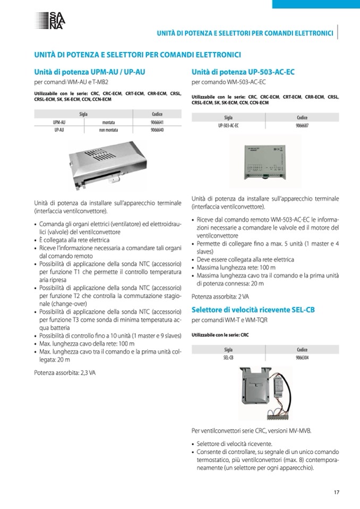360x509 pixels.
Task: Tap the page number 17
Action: point(337,491)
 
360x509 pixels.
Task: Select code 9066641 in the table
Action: point(157,122)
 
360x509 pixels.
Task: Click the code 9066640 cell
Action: point(157,130)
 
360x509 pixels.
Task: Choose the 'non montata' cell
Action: point(107,130)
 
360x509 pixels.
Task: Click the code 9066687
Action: point(302,126)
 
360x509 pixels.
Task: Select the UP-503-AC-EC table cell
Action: point(228,126)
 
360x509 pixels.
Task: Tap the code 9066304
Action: point(302,358)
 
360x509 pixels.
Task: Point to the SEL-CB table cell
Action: point(228,358)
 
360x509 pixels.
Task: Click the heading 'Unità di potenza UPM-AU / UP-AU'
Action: point(90,71)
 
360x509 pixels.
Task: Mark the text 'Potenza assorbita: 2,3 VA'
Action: point(65,373)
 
